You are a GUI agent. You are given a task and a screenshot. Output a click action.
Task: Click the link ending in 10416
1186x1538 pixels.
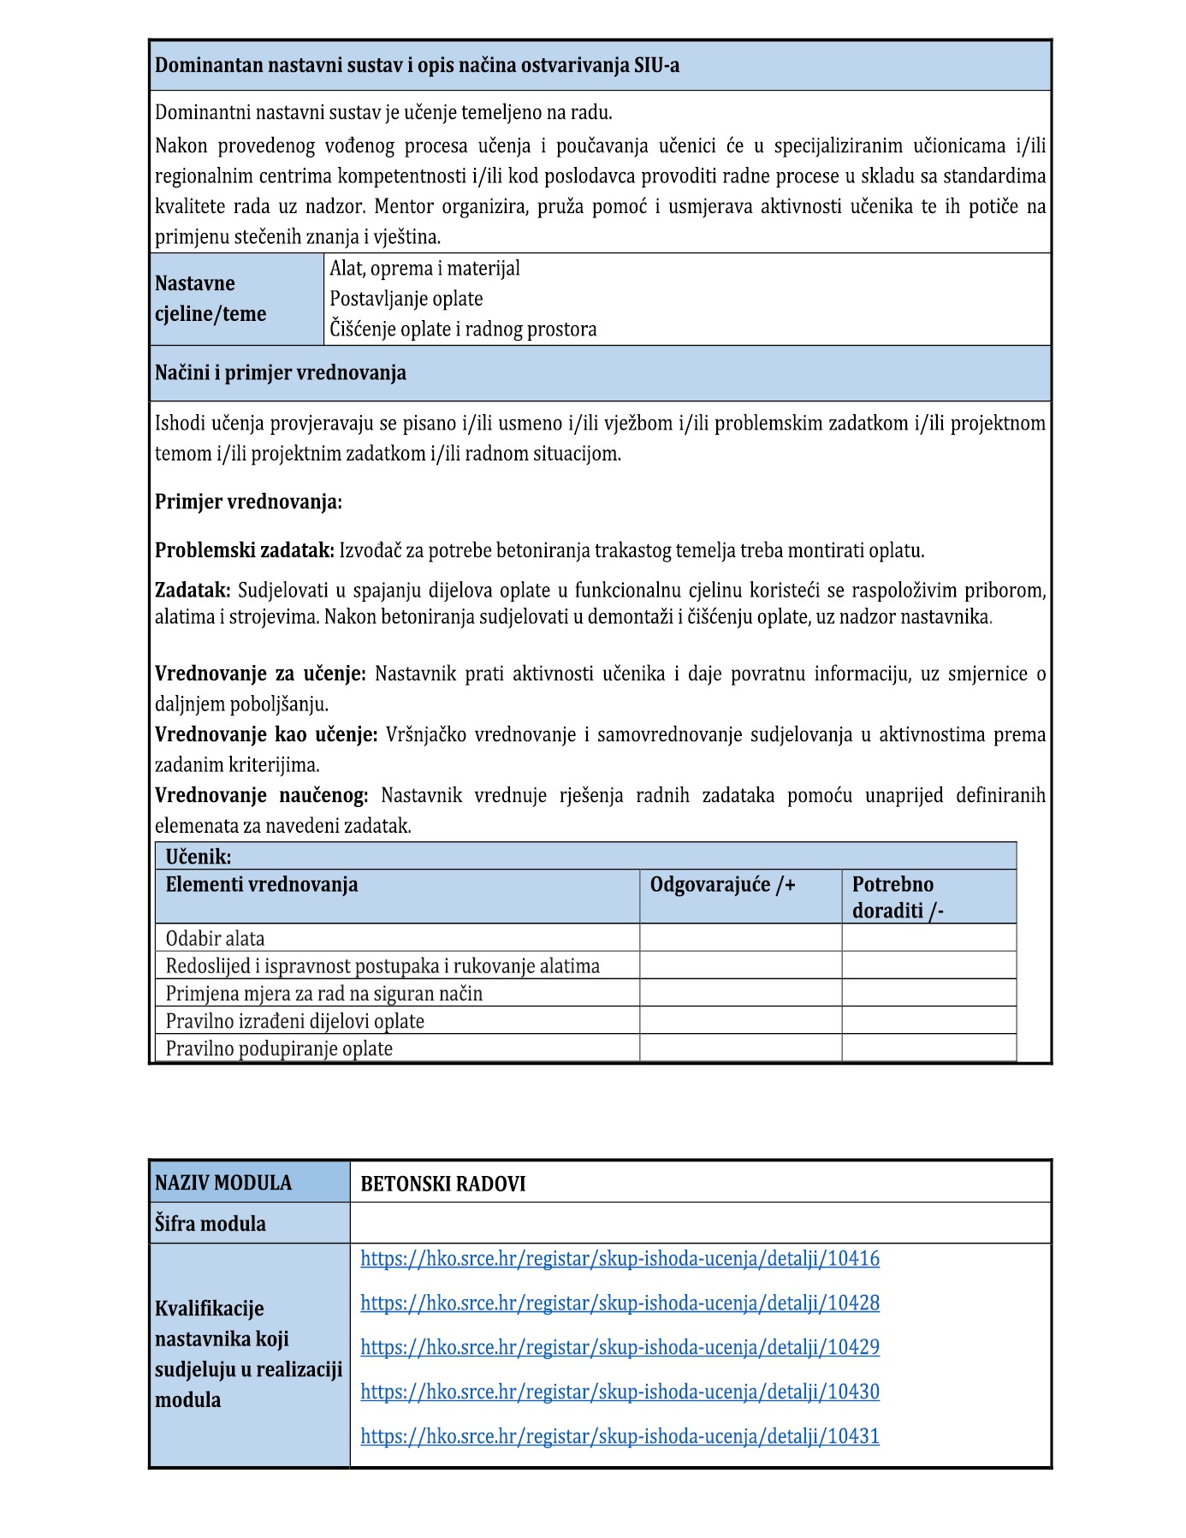[x=620, y=1259]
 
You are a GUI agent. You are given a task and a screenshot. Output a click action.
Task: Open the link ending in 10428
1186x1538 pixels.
[x=620, y=1303]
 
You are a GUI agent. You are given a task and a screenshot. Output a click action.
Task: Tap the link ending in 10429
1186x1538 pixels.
[x=620, y=1348]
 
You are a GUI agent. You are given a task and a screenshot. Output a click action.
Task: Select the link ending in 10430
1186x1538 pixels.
[x=620, y=1393]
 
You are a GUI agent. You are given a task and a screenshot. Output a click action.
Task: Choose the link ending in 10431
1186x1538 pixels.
[x=620, y=1437]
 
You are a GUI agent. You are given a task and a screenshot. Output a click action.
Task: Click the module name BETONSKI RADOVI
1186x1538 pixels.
[x=443, y=1185]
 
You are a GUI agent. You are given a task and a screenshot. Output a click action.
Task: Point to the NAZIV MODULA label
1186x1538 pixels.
[x=223, y=1184]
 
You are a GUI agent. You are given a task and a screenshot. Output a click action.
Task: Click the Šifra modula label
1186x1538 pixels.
[x=211, y=1224]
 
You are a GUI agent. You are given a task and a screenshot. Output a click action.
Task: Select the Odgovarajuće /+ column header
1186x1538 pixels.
[x=723, y=885]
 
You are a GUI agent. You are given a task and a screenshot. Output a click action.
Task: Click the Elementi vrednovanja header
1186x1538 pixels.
[x=262, y=885]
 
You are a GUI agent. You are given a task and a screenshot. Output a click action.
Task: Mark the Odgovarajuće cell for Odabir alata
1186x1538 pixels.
[x=740, y=938]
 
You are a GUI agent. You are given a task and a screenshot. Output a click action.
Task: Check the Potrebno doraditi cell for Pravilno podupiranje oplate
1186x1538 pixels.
[x=928, y=1048]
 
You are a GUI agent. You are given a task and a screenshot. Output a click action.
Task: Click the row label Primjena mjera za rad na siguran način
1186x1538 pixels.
[x=324, y=994]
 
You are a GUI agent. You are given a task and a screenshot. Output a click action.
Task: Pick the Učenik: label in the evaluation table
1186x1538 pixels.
[x=199, y=857]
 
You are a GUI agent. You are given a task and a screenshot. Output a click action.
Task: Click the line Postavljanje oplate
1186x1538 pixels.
[x=406, y=300]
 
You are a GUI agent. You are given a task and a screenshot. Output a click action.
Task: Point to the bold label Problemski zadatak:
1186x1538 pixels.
[x=245, y=550]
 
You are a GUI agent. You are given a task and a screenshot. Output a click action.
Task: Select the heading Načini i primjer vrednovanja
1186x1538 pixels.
[x=281, y=373]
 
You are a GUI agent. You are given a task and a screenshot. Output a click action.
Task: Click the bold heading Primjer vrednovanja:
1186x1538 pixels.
[x=248, y=502]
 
